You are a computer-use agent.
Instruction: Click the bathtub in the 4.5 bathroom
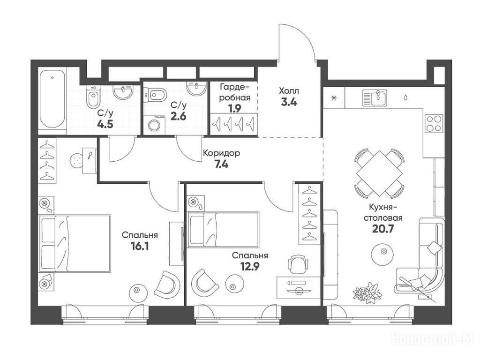click(52, 99)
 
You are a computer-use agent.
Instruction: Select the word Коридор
click(221, 153)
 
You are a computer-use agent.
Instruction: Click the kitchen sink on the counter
click(375, 97)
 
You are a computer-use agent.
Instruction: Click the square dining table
click(379, 173)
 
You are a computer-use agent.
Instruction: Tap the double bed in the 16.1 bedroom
click(75, 243)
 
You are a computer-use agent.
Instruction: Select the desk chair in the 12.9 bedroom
click(298, 264)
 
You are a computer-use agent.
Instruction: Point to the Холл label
click(289, 91)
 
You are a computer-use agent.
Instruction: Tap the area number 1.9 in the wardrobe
click(235, 108)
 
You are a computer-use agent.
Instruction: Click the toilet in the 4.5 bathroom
click(93, 96)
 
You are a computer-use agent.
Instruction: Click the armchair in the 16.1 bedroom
click(167, 285)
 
